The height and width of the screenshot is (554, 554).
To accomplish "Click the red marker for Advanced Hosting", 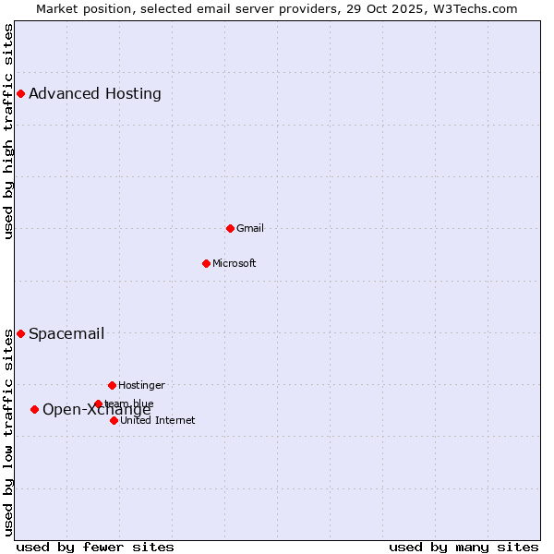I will pos(20,93).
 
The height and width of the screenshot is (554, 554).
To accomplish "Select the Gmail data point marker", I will pos(230,228).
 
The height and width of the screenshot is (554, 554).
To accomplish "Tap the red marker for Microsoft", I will pos(206,263).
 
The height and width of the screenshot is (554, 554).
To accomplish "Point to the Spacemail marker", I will pos(20,333).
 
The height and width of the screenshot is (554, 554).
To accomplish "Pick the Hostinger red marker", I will pos(112,385).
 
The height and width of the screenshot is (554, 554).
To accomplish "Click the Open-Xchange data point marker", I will pos(34,409).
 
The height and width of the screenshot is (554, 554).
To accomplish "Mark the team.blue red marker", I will pos(98,403).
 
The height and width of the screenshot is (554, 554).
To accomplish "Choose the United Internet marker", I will pos(114,420).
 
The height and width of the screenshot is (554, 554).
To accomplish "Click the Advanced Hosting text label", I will pos(95,93).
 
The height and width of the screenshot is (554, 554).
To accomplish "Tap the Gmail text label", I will pos(250,228).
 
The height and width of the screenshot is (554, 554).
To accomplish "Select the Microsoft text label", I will pos(235,263).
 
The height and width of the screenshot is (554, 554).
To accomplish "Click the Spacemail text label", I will pos(66,333).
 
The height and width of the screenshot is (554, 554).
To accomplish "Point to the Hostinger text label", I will pos(141,385).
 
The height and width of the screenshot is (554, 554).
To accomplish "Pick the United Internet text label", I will pos(158,420).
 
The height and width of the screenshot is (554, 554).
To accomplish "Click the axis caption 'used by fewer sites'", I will pos(95,547).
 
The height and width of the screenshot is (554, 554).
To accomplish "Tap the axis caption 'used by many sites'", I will pos(464,547).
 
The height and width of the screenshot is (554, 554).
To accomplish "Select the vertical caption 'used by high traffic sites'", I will pos(9,131).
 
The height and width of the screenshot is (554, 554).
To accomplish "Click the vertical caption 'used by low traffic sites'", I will pos(9,432).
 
